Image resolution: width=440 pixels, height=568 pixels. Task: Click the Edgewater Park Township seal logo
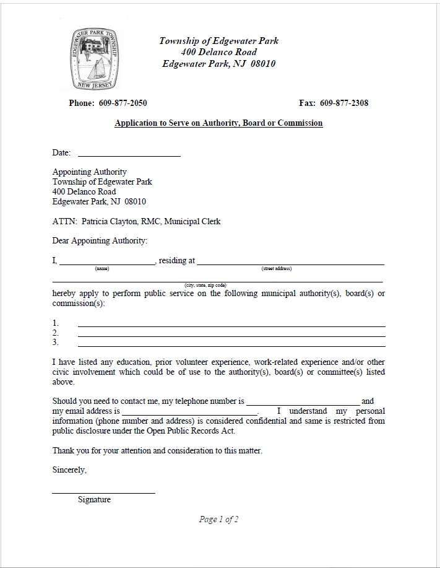click(x=94, y=59)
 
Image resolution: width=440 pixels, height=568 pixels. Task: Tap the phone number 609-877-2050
click(x=123, y=103)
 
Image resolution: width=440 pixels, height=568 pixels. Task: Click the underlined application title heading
click(x=218, y=123)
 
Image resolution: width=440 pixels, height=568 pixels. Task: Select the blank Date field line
click(x=129, y=154)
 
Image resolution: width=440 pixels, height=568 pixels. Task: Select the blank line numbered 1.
click(x=231, y=324)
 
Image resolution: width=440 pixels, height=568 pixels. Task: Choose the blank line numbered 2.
click(x=231, y=334)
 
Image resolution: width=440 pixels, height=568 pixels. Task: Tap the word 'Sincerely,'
click(x=69, y=470)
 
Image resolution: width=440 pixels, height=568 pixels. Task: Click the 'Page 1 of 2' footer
click(x=218, y=520)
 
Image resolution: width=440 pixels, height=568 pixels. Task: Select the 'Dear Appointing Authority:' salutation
click(x=100, y=240)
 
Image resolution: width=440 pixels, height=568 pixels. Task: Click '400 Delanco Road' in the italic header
click(x=218, y=52)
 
